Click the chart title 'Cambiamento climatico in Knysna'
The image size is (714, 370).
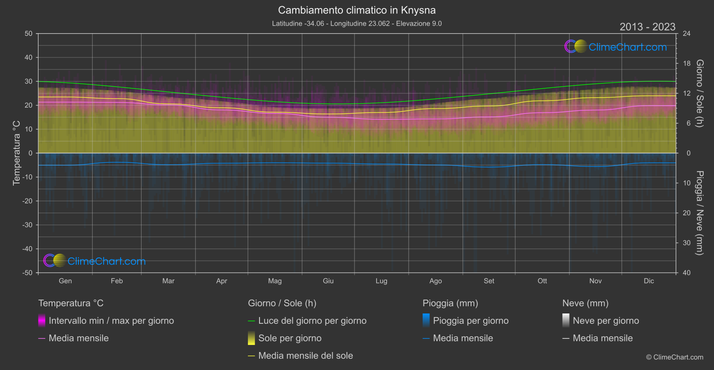click(x=357, y=10)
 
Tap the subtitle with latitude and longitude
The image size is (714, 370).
click(x=357, y=23)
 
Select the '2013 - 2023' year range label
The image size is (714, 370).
click(x=647, y=27)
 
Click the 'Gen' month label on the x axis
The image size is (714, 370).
click(x=65, y=281)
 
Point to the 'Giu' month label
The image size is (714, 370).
click(x=328, y=281)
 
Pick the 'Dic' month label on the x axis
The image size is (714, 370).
click(x=649, y=281)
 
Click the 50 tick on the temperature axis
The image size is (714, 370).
click(x=29, y=34)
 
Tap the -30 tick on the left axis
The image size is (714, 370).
click(x=27, y=225)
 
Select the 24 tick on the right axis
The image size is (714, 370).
click(x=686, y=34)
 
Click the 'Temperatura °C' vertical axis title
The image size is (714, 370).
click(x=17, y=153)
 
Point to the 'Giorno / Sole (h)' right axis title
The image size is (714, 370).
click(x=699, y=93)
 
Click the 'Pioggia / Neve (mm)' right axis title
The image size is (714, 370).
click(x=699, y=213)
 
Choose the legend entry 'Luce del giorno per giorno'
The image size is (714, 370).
click(x=312, y=321)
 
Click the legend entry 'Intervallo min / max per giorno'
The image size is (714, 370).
click(x=111, y=321)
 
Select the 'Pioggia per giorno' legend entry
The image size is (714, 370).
click(x=471, y=321)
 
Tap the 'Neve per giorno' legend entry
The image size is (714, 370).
click(x=606, y=321)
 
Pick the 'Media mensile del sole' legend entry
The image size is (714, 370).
click(x=305, y=356)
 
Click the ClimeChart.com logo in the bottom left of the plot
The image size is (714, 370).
click(x=95, y=261)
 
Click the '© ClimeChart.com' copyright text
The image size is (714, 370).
click(x=675, y=357)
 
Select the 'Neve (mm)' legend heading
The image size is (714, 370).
click(x=585, y=303)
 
